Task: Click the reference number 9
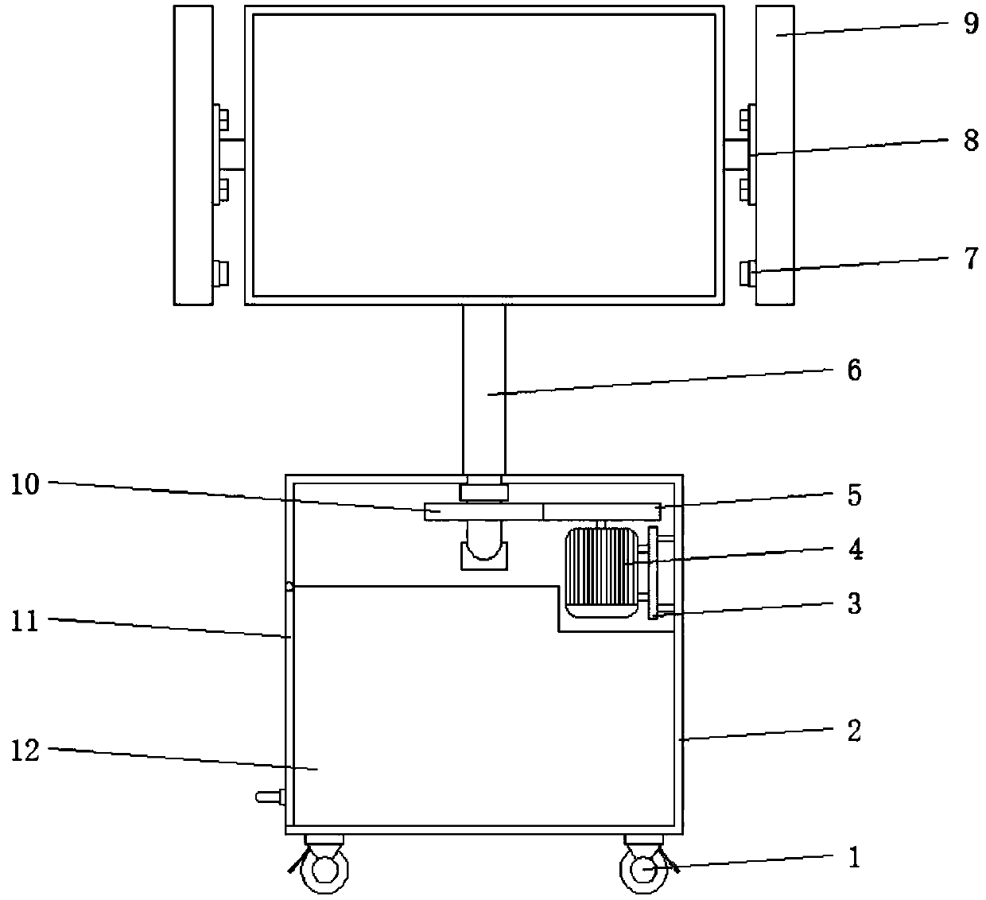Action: coord(971,23)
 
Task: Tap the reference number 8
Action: coord(971,141)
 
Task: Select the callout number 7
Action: coord(971,258)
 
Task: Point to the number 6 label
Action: coord(854,370)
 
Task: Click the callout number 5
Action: coord(854,495)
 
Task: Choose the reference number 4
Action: coord(856,549)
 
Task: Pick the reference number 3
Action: coord(854,603)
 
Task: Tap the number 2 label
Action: coord(854,731)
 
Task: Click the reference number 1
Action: coord(854,857)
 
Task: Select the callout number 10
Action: coord(25,485)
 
